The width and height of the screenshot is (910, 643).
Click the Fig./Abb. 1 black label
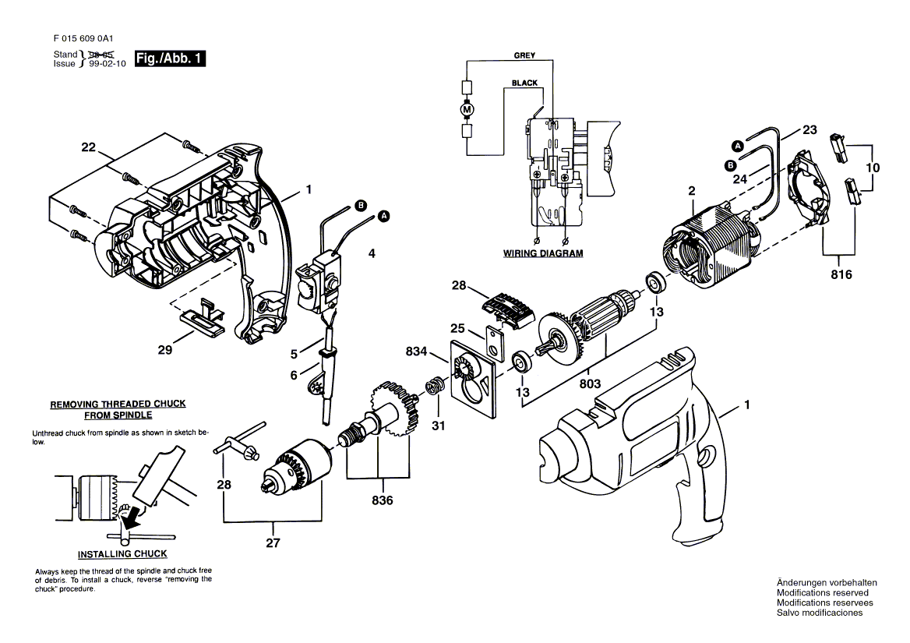(170, 58)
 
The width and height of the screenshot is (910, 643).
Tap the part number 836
(383, 500)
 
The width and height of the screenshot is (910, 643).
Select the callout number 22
(88, 147)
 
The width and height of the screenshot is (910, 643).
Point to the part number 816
(841, 274)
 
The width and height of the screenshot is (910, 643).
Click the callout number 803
(590, 383)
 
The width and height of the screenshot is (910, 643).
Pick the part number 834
(416, 351)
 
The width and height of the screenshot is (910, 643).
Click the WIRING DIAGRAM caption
(542, 253)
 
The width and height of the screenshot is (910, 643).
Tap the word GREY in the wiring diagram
(524, 55)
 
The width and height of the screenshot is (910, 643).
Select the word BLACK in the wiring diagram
(524, 83)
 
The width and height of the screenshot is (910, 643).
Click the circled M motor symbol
(467, 108)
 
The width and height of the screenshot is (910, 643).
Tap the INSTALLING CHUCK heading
(122, 553)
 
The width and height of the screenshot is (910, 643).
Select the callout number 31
(438, 426)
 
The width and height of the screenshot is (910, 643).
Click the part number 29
(165, 350)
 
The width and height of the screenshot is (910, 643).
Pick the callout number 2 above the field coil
(692, 191)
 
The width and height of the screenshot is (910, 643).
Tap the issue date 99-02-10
(108, 64)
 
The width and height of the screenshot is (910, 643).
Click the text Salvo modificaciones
(820, 613)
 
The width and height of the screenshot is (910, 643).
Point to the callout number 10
(873, 168)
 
